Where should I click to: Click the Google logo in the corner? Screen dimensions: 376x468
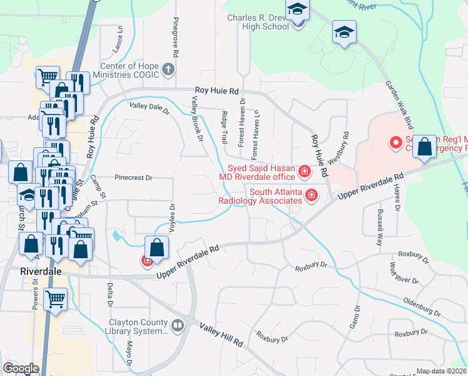(21, 368)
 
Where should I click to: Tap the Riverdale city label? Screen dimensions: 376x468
(38, 271)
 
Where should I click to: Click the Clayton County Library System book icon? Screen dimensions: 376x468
(178, 325)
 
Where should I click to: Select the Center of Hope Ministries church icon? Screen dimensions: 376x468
(168, 70)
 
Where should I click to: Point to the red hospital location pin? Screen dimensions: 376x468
(395, 144)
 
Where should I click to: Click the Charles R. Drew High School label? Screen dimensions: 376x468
(258, 23)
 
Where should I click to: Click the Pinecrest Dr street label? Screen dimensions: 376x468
(133, 178)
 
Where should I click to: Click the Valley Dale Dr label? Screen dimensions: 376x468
(149, 108)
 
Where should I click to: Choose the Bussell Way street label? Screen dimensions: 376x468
(380, 225)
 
